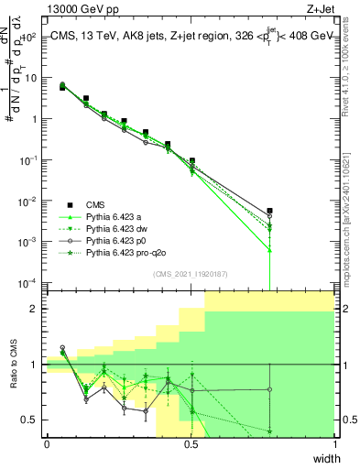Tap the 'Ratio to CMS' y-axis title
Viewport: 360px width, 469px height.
point(13,365)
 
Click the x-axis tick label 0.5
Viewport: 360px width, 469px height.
point(191,444)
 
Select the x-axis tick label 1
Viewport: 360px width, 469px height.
point(333,444)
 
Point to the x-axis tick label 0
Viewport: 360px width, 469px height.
point(47,444)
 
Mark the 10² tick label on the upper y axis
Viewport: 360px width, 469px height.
point(29,38)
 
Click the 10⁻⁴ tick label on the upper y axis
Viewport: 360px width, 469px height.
point(29,282)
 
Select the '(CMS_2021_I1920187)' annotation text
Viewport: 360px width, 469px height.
point(190,274)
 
